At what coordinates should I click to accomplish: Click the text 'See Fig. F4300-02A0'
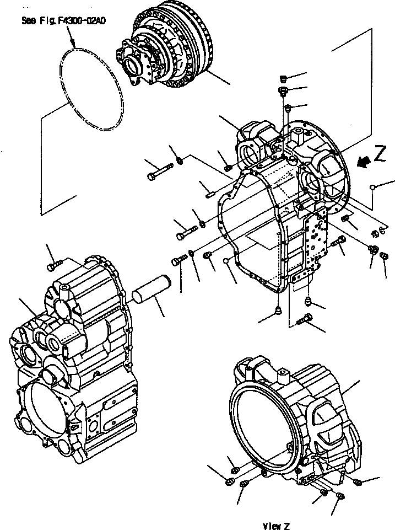[x=64, y=22]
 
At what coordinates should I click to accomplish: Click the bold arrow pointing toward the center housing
[x=362, y=162]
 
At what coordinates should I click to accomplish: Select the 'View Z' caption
[x=276, y=526]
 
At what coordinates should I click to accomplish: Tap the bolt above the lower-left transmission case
[x=52, y=266]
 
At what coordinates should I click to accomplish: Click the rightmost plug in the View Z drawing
[x=358, y=483]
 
